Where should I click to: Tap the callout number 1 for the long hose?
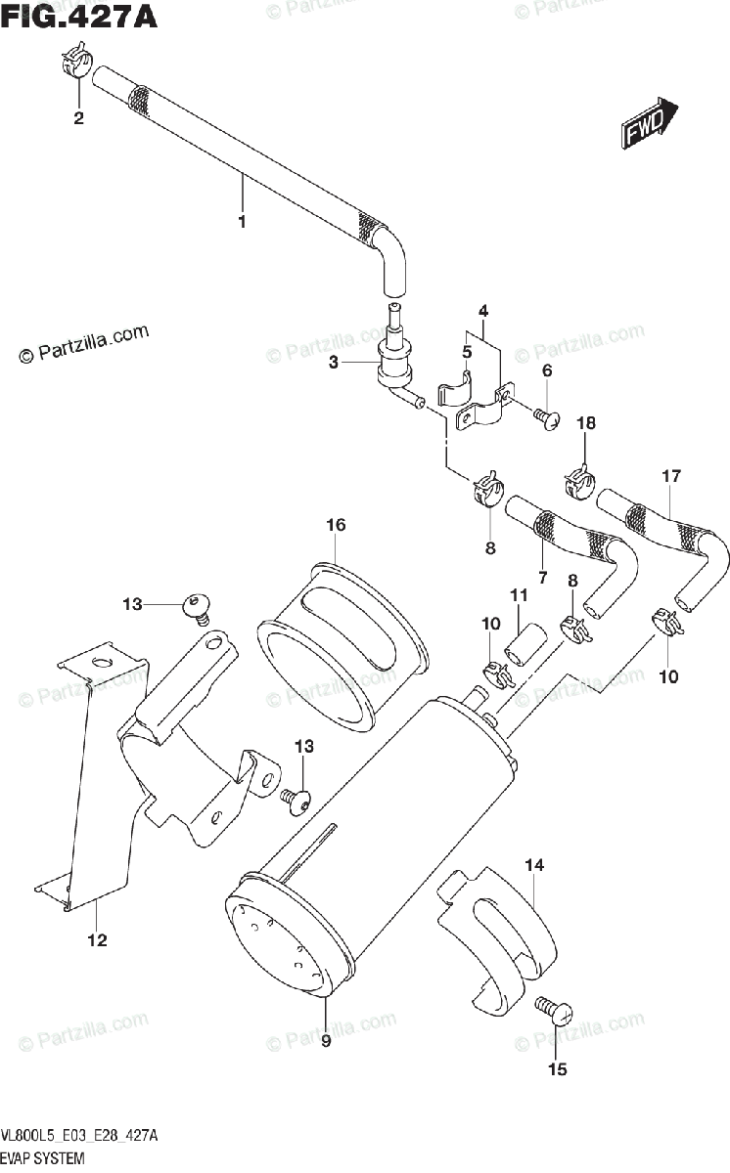coord(241,221)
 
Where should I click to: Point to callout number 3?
coord(333,364)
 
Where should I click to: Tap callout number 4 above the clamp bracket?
coord(482,313)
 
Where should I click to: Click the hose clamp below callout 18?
coord(579,481)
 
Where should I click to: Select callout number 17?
coord(669,478)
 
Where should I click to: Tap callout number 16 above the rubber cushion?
coord(336,527)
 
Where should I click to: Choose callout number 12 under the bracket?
coord(97,941)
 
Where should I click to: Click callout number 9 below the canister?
coord(326,1041)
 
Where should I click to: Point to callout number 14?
coord(534,865)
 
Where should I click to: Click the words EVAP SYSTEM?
coord(42,1157)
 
